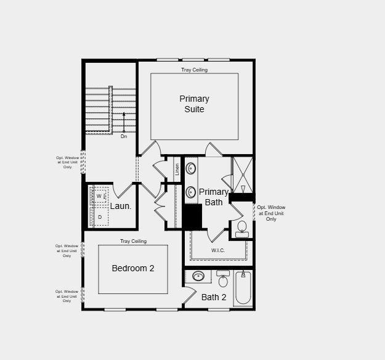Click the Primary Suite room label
(194, 104)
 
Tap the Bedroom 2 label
(132, 268)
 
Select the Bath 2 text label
(214, 297)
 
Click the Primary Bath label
(214, 197)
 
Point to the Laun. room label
(121, 206)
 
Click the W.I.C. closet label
(218, 250)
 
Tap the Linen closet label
(177, 168)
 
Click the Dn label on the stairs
(124, 136)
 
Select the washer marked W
(99, 196)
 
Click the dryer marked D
(100, 217)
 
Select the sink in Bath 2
(199, 276)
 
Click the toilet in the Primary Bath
(241, 229)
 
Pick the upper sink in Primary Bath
(192, 168)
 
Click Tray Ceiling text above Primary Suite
(194, 70)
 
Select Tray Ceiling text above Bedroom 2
(133, 241)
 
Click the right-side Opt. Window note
(271, 213)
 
